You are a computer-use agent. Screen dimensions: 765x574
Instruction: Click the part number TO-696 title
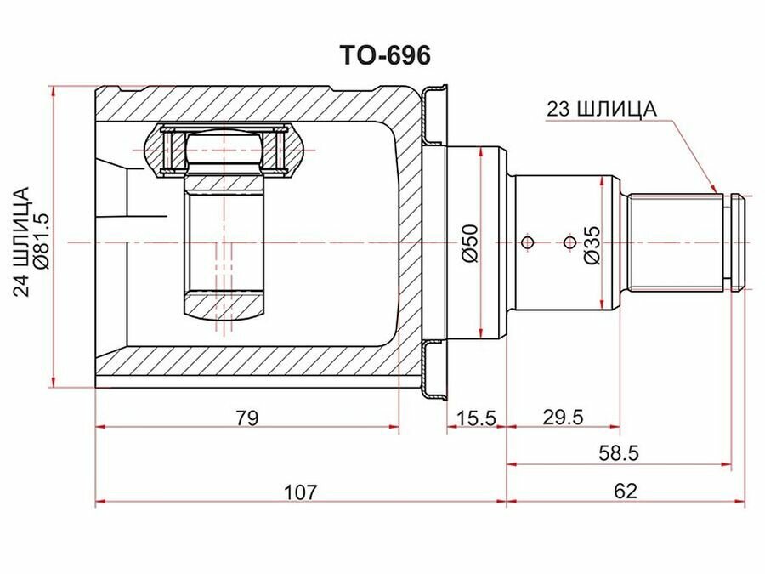(385, 55)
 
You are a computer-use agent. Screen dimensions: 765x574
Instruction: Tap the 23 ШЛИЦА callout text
(602, 109)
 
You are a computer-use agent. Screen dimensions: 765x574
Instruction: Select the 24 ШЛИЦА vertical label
(21, 242)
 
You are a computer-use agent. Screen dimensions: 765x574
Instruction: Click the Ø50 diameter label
(471, 243)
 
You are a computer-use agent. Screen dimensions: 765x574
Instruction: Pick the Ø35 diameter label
(592, 246)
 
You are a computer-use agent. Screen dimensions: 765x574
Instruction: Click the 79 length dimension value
(246, 418)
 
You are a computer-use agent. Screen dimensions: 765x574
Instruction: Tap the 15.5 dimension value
(476, 418)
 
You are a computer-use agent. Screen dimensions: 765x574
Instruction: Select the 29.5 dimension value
(563, 418)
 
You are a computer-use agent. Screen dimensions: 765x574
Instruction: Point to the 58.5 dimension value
(619, 454)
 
